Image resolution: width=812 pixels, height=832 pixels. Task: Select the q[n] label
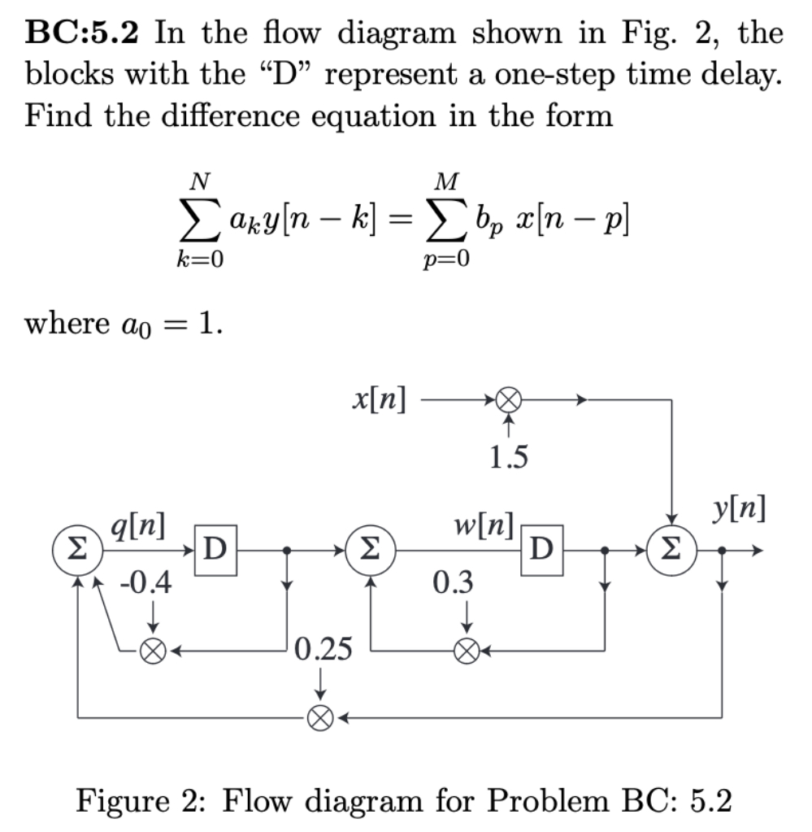(x=138, y=529)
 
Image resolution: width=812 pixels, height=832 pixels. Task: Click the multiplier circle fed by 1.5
(x=508, y=400)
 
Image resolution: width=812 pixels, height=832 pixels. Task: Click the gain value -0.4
(x=147, y=585)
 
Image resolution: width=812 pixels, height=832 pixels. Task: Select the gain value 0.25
(x=324, y=649)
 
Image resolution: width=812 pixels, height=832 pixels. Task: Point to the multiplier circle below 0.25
(x=321, y=717)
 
